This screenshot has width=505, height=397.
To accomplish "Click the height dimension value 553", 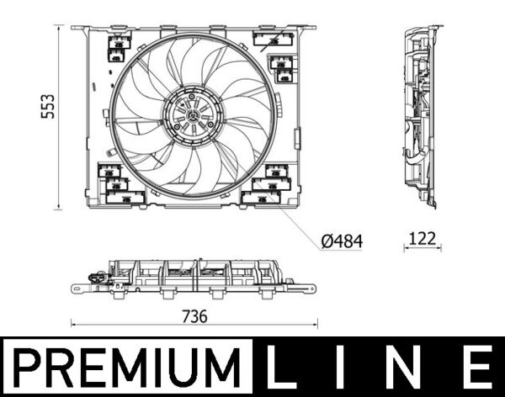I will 49,106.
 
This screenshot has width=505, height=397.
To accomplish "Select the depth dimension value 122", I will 422,239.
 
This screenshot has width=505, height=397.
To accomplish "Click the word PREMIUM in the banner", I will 126,367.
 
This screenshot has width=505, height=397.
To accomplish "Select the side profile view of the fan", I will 422,116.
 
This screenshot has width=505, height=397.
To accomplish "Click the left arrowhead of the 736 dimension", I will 73,324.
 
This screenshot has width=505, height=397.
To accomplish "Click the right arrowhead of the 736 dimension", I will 317,324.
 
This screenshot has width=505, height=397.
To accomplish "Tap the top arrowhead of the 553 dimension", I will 59,28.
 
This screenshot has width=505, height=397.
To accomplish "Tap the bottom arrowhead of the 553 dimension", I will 59,206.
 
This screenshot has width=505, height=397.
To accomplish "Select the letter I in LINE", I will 350,367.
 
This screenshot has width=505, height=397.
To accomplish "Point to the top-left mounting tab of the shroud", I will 82,29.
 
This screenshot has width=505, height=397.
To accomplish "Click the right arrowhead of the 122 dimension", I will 439,250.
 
